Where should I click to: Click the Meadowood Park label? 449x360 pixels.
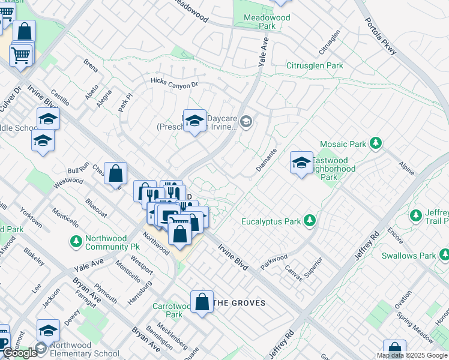pos(267,22)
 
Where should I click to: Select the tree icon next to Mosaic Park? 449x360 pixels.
pos(376,143)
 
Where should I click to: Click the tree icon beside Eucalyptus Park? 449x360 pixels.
pos(310,221)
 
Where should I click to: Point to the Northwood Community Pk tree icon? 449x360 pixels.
pos(76,241)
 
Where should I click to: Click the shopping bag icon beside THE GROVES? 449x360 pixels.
pos(202,302)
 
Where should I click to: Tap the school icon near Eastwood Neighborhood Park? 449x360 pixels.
pos(301,163)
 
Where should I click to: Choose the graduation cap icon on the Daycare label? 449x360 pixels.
pos(194,121)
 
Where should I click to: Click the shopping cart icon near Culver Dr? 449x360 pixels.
pos(21,55)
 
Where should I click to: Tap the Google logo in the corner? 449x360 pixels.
pos(20,353)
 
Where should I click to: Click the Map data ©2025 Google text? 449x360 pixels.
pos(412,355)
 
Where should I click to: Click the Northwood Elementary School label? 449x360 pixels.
pos(85,349)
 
